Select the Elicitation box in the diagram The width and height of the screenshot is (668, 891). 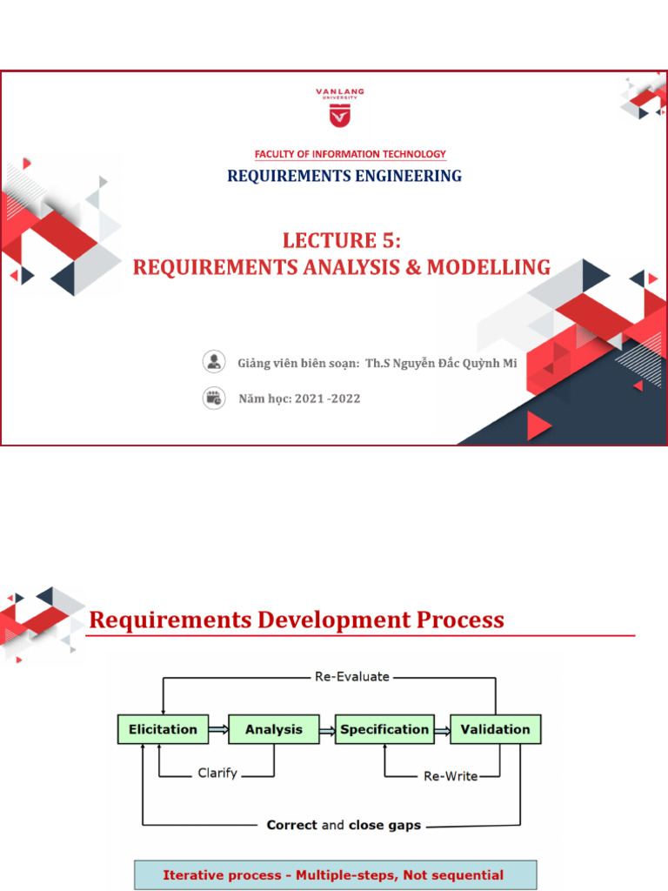point(163,729)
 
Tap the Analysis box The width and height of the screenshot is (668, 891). point(273,729)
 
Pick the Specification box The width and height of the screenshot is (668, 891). point(384,729)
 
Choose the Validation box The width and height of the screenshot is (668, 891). point(495,729)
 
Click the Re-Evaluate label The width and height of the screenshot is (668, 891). point(351,676)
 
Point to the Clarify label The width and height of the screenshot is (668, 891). point(217,773)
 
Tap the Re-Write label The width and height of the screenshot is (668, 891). point(450,775)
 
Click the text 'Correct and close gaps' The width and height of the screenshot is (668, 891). point(344,824)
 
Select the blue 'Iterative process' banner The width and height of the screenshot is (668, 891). point(335,875)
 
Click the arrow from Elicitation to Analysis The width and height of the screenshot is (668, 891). point(217,729)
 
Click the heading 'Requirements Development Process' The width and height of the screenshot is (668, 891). point(297,620)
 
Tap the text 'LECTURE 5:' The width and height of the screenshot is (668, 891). point(342,241)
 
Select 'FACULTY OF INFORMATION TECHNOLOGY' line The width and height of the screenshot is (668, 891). point(350,154)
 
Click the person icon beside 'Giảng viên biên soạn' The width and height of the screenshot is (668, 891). point(213,362)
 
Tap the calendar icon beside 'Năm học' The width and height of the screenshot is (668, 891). point(213,399)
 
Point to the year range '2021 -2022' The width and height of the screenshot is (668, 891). point(327,399)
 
